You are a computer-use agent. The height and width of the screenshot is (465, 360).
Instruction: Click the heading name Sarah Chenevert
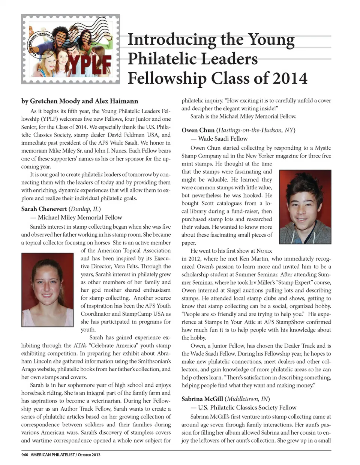point(44,209)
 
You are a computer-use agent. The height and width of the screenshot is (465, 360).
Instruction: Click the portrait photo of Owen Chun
point(305,207)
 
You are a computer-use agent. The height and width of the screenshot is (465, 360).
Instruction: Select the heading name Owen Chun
point(198,130)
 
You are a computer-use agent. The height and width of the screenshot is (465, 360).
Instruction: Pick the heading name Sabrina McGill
point(202,399)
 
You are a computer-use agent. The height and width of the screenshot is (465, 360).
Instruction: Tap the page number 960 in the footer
point(25,455)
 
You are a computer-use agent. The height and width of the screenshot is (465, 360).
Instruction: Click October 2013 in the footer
point(89,455)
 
